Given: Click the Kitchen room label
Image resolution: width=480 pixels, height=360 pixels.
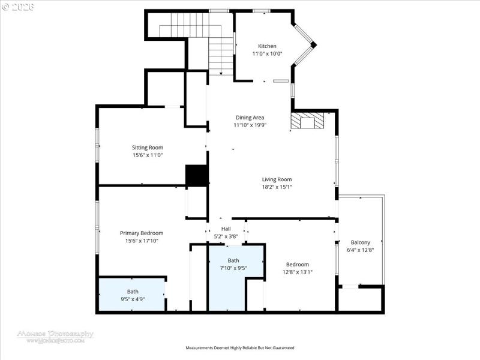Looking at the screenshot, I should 267,46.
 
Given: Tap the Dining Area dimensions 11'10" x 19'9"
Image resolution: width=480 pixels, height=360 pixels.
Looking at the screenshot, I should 250,125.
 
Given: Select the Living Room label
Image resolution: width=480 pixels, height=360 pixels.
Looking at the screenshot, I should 277,179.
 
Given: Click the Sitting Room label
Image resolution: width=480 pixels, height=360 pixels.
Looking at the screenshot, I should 148,148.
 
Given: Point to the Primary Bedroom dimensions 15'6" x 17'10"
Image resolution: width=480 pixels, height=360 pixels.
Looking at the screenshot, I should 142,241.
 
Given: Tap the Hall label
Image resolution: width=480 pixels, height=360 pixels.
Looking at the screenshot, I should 226,229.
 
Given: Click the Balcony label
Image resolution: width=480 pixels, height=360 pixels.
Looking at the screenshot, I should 361,242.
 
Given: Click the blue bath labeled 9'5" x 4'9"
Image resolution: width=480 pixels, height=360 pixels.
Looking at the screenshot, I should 132,295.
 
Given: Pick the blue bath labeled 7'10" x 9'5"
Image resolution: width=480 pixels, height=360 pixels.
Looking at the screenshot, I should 233,265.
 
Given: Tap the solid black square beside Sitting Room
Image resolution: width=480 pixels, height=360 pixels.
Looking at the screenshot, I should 196,176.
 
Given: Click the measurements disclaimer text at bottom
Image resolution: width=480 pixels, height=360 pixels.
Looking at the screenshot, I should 239,348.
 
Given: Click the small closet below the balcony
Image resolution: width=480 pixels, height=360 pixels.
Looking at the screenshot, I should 360,298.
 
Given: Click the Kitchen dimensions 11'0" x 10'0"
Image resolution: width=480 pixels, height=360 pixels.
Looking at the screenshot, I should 267,54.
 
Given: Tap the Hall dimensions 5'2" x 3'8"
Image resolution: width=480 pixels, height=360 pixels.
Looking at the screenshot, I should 226,237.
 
